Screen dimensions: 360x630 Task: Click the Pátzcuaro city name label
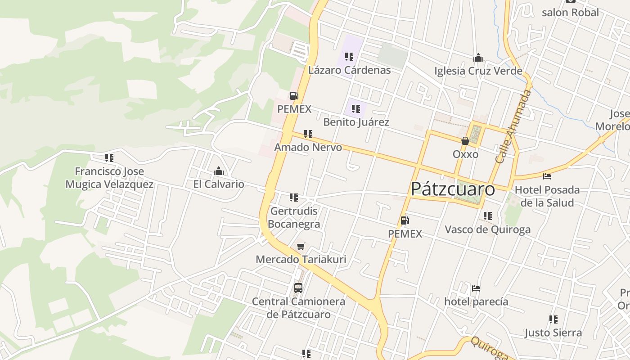click(453, 189)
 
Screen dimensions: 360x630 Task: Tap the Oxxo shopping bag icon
click(465, 141)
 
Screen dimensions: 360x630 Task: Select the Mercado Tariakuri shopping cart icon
click(301, 246)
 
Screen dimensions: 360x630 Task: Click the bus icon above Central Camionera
click(298, 288)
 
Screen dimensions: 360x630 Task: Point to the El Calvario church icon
click(219, 171)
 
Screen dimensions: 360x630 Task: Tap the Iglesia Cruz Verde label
click(478, 71)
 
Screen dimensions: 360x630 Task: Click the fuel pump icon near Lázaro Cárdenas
click(294, 95)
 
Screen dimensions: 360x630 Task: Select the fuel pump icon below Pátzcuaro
click(405, 220)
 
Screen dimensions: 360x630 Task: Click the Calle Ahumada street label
click(513, 126)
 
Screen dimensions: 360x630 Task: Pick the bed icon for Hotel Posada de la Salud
click(547, 176)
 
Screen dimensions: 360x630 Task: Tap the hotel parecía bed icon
click(476, 288)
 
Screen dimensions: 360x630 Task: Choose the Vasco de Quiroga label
click(487, 229)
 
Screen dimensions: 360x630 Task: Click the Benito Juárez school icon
click(356, 109)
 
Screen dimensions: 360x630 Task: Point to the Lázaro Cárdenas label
click(349, 70)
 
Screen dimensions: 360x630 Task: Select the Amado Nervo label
click(308, 147)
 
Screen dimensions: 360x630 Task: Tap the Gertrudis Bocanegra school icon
click(294, 197)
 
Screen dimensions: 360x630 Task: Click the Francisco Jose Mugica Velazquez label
click(109, 178)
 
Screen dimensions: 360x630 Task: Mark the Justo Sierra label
click(553, 333)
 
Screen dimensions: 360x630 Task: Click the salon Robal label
click(570, 13)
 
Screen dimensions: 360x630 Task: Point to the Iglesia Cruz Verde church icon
click(478, 58)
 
